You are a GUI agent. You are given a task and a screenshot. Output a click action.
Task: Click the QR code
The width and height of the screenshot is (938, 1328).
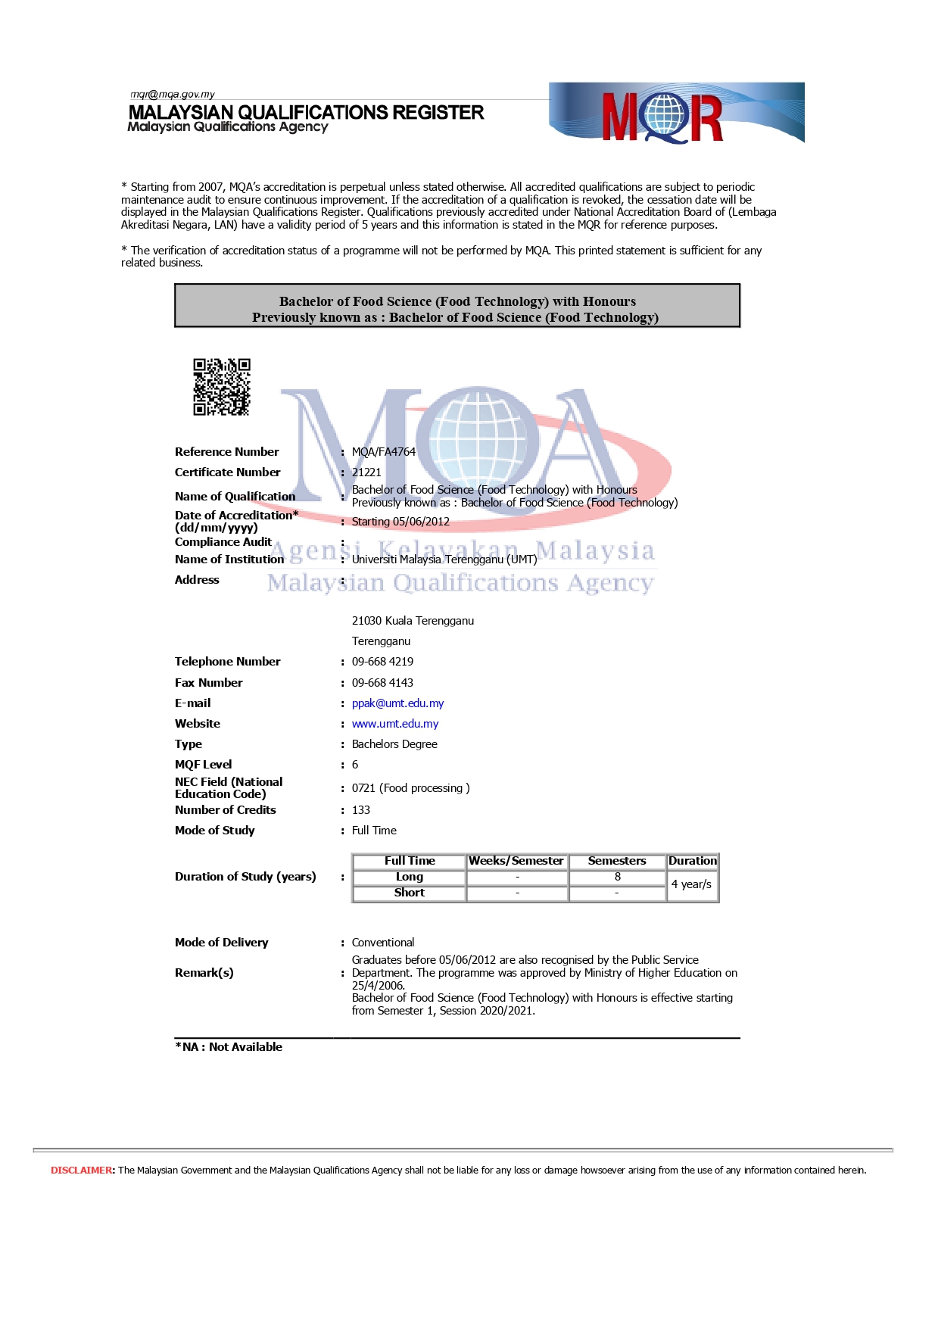[x=221, y=387]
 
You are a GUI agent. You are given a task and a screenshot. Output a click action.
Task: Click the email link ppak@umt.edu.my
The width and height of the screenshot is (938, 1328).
[x=397, y=703]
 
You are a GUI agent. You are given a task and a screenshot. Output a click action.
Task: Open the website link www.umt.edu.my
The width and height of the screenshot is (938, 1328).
[x=394, y=724]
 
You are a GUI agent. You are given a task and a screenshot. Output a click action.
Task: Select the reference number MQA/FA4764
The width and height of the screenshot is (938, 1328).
[x=383, y=452]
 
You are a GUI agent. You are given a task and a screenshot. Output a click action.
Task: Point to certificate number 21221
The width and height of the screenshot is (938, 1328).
[x=366, y=472]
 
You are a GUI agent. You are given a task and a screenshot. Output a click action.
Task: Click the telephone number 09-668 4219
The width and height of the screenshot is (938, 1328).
[x=382, y=662]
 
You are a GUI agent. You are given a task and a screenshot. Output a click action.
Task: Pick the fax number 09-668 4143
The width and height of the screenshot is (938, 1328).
[x=382, y=683]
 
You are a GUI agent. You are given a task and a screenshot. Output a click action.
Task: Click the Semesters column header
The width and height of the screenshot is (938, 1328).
[x=617, y=861]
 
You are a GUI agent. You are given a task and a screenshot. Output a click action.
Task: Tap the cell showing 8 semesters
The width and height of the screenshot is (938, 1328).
[x=617, y=877]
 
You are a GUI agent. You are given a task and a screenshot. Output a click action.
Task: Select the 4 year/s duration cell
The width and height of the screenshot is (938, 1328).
[x=691, y=884]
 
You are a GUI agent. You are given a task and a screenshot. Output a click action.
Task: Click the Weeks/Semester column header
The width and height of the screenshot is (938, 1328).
[x=516, y=861]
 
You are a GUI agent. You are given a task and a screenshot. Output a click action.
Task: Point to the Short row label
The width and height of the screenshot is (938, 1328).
[x=409, y=893]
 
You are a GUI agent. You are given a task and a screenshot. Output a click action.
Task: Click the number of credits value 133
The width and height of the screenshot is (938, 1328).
[x=360, y=810]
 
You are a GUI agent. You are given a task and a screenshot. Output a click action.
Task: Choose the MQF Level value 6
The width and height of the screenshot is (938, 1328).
[x=355, y=765]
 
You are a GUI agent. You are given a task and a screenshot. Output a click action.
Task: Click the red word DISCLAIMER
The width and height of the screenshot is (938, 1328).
[x=82, y=1171]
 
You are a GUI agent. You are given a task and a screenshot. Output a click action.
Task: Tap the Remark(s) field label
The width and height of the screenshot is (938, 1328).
[x=204, y=973]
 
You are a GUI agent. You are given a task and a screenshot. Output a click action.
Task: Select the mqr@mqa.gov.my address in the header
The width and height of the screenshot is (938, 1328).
[x=173, y=95]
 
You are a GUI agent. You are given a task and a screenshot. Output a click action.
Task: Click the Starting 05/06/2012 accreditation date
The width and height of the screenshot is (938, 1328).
[x=400, y=522]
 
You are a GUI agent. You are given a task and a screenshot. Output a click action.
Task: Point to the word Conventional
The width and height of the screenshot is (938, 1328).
[x=383, y=943]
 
